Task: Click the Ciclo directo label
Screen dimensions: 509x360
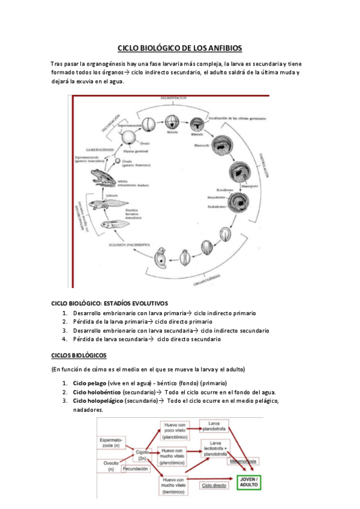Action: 214,484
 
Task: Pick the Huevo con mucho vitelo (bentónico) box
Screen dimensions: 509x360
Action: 176,485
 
